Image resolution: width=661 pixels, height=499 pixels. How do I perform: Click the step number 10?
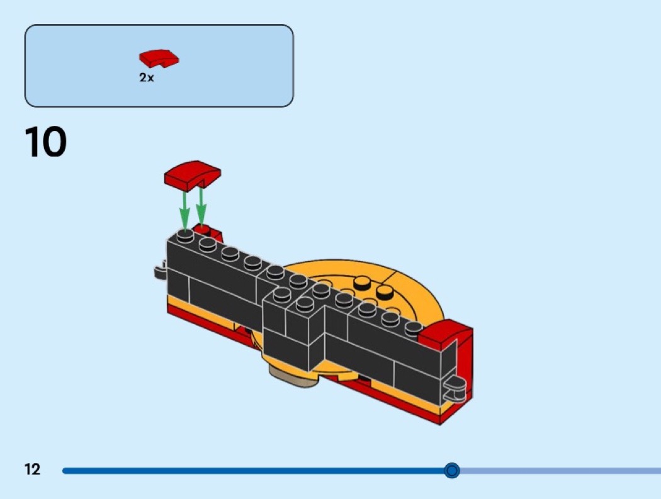(45, 142)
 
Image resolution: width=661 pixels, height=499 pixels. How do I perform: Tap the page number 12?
(33, 469)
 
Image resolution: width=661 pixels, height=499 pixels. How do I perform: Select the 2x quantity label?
(147, 77)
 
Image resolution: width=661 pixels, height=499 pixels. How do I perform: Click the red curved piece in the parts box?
(159, 58)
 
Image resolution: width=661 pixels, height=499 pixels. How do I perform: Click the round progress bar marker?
(452, 470)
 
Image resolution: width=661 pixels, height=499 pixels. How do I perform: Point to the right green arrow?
(201, 208)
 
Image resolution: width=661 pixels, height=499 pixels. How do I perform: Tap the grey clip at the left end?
(160, 270)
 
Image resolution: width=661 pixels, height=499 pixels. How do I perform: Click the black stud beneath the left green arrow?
(185, 236)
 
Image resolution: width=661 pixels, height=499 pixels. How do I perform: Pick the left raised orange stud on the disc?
(362, 283)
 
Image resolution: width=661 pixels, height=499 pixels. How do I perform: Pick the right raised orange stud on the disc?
(383, 291)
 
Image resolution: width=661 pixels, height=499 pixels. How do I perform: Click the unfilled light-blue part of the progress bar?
(561, 470)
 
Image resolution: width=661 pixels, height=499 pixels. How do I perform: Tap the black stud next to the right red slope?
(414, 327)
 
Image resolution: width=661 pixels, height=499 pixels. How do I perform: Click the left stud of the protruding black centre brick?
(282, 294)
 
